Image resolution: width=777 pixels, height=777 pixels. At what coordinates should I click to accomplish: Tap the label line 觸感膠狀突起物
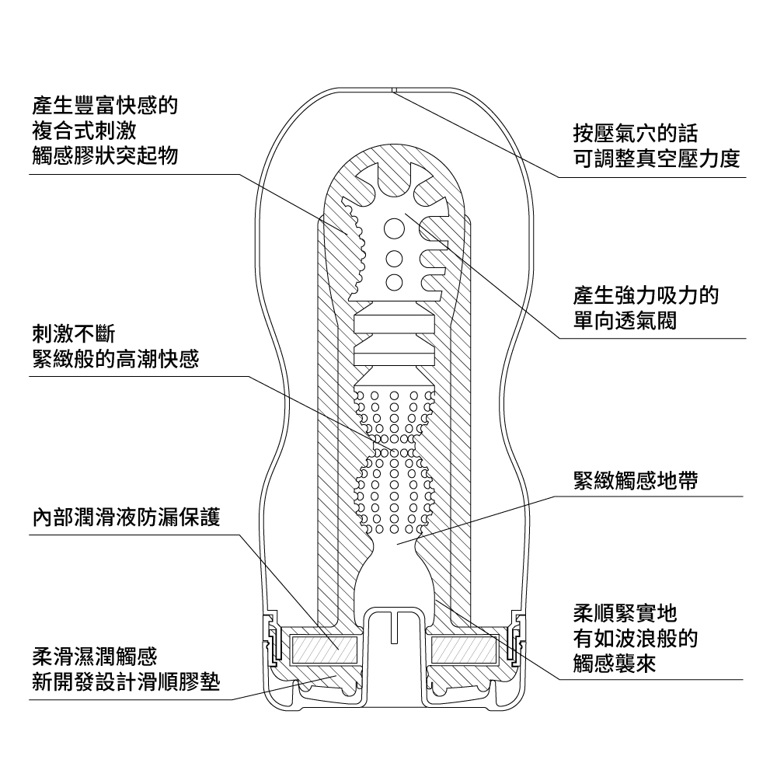105,155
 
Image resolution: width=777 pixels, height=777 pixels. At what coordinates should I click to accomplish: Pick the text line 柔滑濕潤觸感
94,657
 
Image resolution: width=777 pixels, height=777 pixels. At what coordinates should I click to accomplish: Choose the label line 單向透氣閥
625,321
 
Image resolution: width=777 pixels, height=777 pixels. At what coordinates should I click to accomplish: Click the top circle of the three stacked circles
394,230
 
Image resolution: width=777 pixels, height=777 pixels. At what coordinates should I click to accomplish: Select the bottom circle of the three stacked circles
394,281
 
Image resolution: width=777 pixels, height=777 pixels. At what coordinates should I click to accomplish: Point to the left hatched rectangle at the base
320,647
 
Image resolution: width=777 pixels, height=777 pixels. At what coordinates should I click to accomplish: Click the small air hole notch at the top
394,89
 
